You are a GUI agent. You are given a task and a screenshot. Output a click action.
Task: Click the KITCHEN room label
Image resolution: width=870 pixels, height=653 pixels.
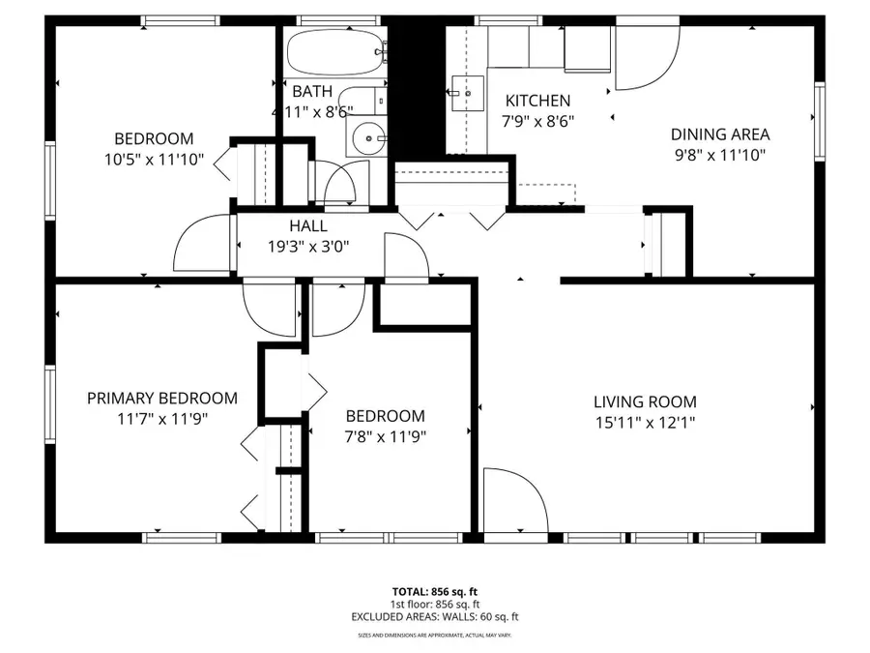pyautogui.click(x=538, y=101)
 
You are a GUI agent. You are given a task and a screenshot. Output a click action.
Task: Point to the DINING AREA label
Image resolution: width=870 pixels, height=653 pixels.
pyautogui.click(x=720, y=134)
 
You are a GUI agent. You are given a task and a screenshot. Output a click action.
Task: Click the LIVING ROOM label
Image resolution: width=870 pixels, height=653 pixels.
pyautogui.click(x=645, y=402)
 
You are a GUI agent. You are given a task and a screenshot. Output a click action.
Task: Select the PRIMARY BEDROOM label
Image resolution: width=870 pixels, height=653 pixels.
pyautogui.click(x=161, y=399)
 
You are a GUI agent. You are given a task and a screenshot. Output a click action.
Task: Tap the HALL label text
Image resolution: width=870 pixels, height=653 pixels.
pyautogui.click(x=308, y=225)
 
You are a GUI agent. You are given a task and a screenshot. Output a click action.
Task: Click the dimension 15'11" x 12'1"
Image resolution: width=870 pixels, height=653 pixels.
pyautogui.click(x=645, y=422)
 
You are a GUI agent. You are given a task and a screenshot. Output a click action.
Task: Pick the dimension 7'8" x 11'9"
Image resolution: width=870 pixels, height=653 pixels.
pyautogui.click(x=385, y=435)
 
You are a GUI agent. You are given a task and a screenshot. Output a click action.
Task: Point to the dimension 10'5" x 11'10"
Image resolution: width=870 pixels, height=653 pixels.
pyautogui.click(x=154, y=159)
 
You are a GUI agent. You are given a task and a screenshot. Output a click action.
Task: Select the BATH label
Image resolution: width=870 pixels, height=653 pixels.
pyautogui.click(x=311, y=92)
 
